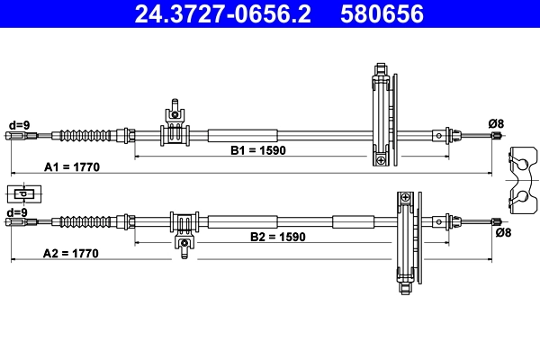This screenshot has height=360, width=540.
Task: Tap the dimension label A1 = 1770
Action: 72,167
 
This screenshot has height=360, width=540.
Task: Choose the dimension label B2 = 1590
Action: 278,238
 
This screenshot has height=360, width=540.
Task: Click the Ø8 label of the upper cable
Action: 495,122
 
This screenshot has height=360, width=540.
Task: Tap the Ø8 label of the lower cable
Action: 503,233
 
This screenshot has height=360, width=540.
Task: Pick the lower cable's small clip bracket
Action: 184,230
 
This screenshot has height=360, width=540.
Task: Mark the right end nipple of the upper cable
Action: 495,136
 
